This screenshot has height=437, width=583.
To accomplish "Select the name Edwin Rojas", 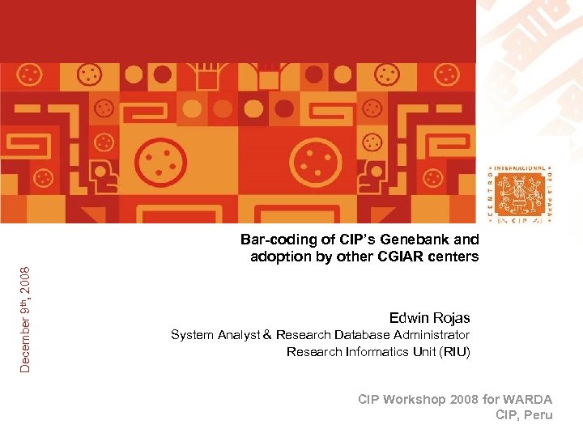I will [x=429, y=317].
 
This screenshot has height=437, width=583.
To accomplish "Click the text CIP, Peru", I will [x=524, y=415].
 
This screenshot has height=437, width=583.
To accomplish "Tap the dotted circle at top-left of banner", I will [x=30, y=75].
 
